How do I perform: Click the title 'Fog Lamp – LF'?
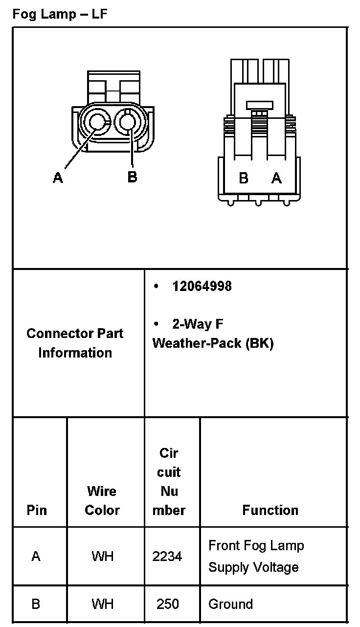[x=60, y=14]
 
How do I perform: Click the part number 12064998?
[x=202, y=286]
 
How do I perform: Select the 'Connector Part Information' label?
[x=75, y=343]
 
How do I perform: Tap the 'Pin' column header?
[x=37, y=510]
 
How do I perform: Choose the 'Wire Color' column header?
[x=102, y=500]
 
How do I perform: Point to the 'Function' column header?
[x=270, y=510]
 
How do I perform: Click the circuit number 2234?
[x=167, y=556]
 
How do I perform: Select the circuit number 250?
[x=168, y=604]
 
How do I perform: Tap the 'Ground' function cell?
[x=230, y=604]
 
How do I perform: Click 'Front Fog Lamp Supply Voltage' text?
[x=256, y=556]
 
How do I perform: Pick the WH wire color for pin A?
[x=102, y=556]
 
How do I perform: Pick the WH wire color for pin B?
[x=102, y=604]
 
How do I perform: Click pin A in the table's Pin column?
[x=36, y=556]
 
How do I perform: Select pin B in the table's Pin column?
[x=36, y=604]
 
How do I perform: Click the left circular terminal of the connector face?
[x=97, y=122]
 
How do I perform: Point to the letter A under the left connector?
[x=58, y=178]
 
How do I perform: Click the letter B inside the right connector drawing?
[x=244, y=179]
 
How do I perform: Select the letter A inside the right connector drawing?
[x=277, y=179]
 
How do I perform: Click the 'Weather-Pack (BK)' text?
[x=213, y=343]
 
